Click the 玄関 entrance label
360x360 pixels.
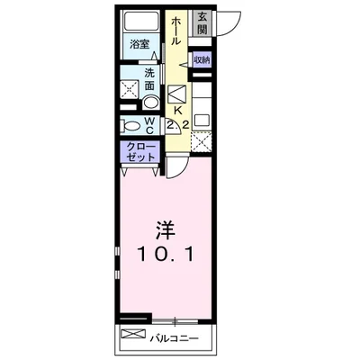(202, 21)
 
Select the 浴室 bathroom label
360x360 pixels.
(139, 44)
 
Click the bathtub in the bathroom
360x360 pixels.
(140, 23)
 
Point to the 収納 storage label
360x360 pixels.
(201, 59)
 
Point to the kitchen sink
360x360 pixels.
(176, 93)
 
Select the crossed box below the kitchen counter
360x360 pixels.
(203, 139)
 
